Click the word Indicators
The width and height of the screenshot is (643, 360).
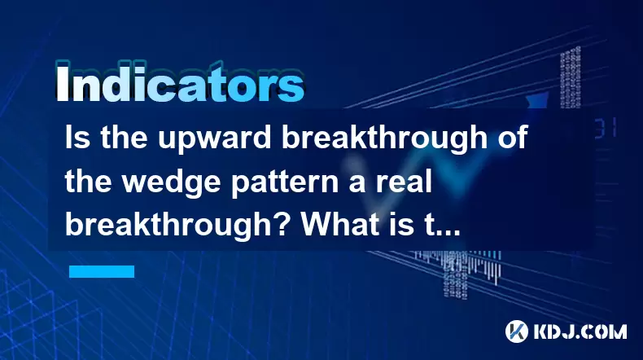180,83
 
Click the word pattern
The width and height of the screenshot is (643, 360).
285,182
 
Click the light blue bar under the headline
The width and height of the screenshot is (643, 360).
102,271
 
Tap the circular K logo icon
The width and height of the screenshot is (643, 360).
517,331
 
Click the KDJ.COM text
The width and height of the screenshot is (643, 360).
580,331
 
